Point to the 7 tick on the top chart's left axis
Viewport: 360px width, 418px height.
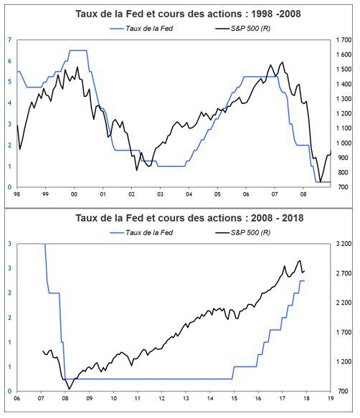click(x=10, y=40)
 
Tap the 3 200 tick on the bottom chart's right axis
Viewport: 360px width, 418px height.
click(x=344, y=244)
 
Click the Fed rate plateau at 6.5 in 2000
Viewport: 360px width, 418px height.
click(x=77, y=50)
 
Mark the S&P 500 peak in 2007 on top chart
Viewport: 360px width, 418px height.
click(x=282, y=62)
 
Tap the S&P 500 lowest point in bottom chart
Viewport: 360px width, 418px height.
click(x=70, y=389)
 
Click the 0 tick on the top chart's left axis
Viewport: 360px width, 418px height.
click(x=10, y=187)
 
